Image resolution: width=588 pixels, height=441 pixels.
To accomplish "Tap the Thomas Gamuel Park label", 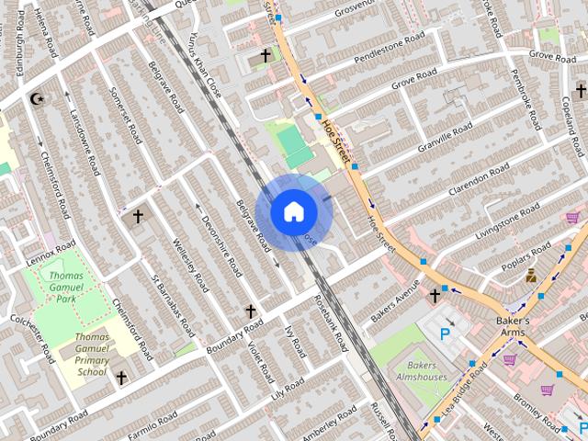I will (x=66, y=287).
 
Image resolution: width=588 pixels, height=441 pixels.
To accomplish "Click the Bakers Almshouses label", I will (x=421, y=370).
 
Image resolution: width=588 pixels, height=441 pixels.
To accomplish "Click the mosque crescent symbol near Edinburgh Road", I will (x=37, y=98).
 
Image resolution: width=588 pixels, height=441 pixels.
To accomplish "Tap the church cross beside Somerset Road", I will (x=138, y=217).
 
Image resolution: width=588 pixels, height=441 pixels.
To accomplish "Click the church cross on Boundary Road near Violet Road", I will (x=250, y=312).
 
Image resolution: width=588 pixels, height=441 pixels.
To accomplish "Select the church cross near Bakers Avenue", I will (x=435, y=295).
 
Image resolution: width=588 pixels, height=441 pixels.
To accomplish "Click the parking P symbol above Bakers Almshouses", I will (x=447, y=334).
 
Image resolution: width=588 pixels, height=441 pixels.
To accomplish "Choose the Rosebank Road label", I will (x=331, y=323).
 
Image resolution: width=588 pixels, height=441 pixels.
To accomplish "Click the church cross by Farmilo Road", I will (x=120, y=378).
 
